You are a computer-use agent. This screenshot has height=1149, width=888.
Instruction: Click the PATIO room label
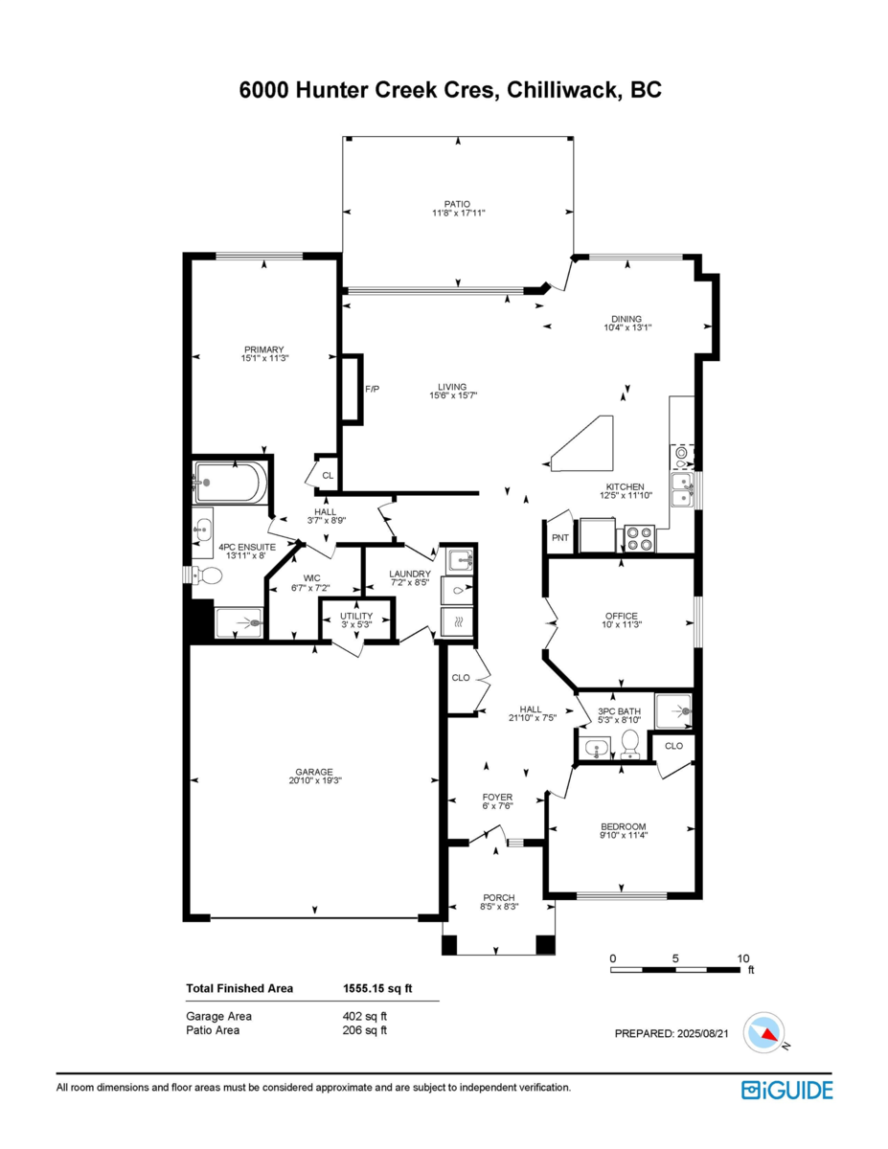(x=457, y=204)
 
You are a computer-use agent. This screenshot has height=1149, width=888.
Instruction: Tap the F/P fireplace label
(x=372, y=389)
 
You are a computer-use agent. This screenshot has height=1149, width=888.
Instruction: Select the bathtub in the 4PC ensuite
(x=230, y=483)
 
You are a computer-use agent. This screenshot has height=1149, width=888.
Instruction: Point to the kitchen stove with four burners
(x=640, y=539)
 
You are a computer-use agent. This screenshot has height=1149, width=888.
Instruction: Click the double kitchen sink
(x=684, y=489)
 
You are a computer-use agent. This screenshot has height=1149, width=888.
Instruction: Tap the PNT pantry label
(x=560, y=538)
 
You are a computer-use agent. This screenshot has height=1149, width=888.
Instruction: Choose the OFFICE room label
(x=621, y=616)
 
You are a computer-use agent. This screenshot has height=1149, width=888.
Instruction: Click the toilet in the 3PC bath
(x=630, y=742)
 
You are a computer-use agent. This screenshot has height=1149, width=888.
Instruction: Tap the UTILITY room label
(x=355, y=615)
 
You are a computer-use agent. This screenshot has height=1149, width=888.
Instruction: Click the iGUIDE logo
(x=786, y=1090)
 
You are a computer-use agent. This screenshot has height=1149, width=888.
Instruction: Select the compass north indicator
(x=768, y=1032)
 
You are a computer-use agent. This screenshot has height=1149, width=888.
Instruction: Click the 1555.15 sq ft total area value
(x=377, y=988)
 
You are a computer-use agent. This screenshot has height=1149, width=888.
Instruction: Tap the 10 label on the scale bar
(x=742, y=957)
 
